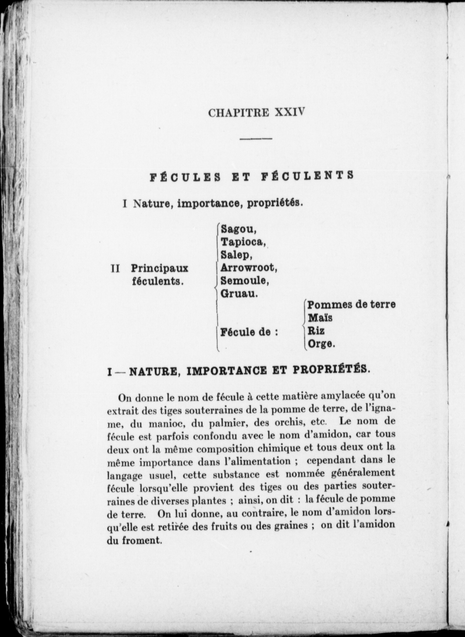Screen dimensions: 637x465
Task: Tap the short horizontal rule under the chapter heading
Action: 256,139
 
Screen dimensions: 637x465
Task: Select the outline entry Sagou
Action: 238,230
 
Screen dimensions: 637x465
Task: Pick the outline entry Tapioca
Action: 243,242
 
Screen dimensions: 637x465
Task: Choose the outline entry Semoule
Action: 245,281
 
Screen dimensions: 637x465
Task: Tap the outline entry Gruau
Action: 239,294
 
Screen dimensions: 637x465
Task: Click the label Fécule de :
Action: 249,332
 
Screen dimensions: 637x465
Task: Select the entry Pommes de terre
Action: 351,305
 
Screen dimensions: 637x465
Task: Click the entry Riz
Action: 316,331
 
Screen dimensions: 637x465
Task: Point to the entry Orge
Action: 321,344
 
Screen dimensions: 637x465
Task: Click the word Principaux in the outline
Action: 159,268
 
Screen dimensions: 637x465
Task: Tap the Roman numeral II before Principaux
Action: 115,268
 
